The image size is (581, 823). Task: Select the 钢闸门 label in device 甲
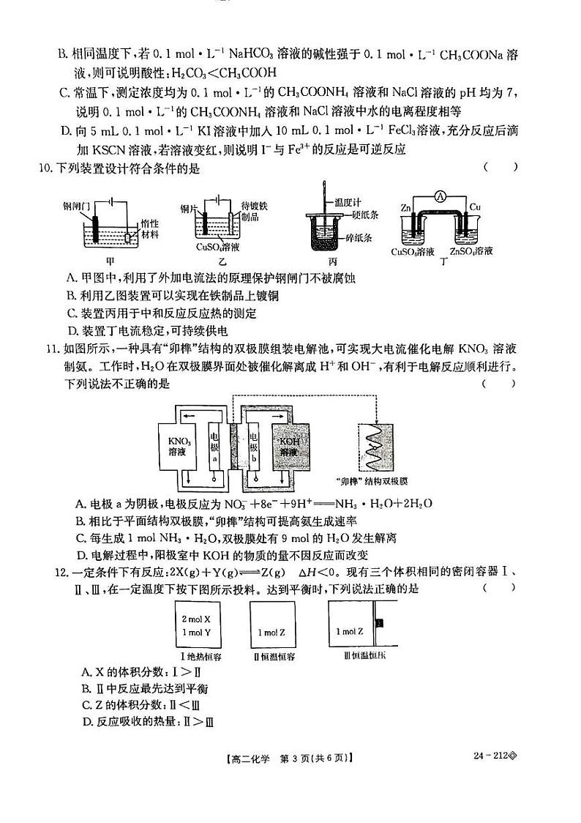point(76,206)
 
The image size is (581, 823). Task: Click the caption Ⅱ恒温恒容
point(275,656)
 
